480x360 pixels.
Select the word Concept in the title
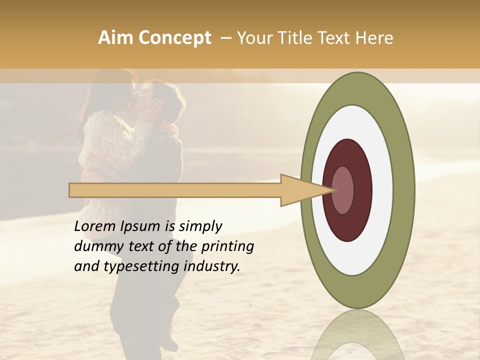pyautogui.click(x=174, y=38)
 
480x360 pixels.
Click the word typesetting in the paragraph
pyautogui.click(x=132, y=266)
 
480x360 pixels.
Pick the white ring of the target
pyautogui.click(x=382, y=190)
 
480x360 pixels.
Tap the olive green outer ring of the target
pyautogui.click(x=404, y=190)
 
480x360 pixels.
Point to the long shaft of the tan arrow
pyautogui.click(x=175, y=190)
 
